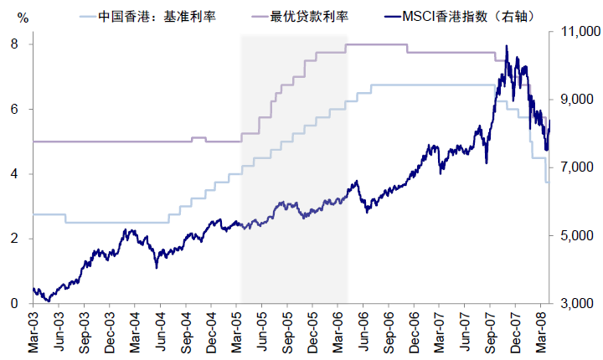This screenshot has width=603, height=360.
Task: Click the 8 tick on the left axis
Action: (x=16, y=44)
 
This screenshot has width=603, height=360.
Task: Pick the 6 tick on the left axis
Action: (x=16, y=109)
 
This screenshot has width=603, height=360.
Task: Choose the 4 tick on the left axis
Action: (x=16, y=174)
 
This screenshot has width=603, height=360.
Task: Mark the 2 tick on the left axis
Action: (x=16, y=239)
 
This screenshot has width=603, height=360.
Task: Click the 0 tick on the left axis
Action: (x=16, y=304)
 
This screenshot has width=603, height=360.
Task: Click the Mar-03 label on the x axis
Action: (x=33, y=332)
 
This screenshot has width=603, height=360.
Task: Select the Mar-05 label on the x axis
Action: (x=238, y=332)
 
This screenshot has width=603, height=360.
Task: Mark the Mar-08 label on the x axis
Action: (x=545, y=332)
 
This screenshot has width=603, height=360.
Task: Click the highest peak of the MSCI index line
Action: (x=507, y=46)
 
